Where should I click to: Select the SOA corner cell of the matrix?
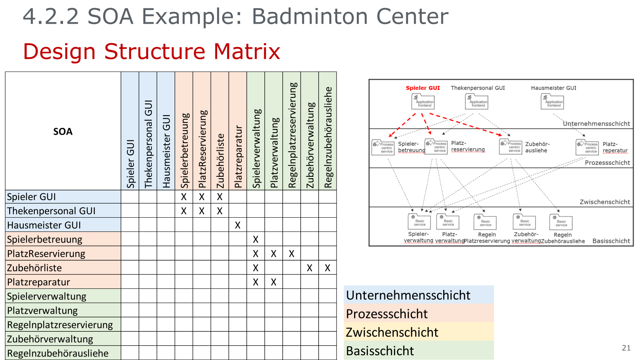(63, 131)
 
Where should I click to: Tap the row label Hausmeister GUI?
(44, 225)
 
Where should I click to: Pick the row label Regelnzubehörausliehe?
(58, 353)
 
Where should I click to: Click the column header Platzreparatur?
(238, 157)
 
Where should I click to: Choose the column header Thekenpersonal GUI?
(148, 144)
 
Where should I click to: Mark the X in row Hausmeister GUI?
(237, 225)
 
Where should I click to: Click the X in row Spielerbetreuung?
(255, 239)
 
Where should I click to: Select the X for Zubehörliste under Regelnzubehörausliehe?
(327, 268)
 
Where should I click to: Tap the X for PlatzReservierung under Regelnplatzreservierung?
(291, 254)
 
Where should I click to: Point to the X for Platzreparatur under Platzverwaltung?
(273, 282)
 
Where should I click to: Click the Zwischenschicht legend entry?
(392, 332)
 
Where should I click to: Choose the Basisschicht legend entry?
(380, 351)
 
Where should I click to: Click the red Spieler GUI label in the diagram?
(423, 88)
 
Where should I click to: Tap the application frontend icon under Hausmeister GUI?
(552, 102)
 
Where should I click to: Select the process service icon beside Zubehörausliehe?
(511, 147)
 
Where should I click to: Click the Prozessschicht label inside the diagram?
(607, 163)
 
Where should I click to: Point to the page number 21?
(626, 348)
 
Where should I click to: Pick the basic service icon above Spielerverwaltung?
(419, 221)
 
